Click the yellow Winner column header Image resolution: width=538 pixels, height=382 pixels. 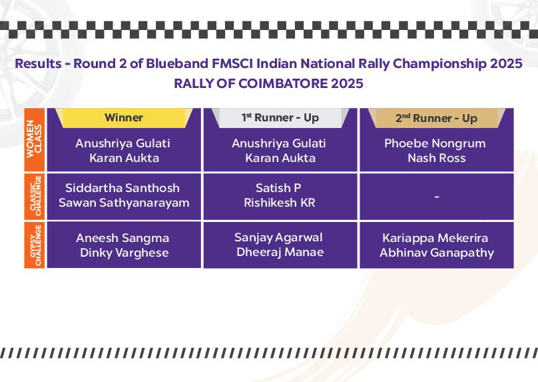(x=124, y=118)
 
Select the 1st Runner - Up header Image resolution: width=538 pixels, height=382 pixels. (x=280, y=118)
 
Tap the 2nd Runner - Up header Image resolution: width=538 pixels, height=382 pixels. (x=436, y=118)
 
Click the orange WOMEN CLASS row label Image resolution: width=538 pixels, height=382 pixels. (x=35, y=139)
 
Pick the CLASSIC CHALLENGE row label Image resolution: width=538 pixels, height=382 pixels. (x=35, y=197)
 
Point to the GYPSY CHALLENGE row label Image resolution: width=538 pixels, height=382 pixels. (x=35, y=245)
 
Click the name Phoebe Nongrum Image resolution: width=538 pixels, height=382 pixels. (x=435, y=143)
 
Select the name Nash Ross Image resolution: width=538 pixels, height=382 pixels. (x=436, y=158)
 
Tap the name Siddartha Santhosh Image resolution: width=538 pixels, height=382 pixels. (x=123, y=188)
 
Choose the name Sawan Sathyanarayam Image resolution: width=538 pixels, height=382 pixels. (x=124, y=203)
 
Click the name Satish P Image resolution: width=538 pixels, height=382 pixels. (x=278, y=188)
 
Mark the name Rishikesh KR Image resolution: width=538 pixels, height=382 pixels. (x=280, y=203)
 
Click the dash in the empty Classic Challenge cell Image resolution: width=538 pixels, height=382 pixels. (x=437, y=197)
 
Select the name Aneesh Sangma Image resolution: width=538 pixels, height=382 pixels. (x=123, y=238)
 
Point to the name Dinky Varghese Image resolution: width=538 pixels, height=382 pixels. (x=125, y=253)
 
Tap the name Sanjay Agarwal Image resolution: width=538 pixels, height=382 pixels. (x=278, y=238)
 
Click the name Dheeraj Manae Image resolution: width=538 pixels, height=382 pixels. (x=280, y=252)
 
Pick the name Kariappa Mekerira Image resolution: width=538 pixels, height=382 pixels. (x=435, y=238)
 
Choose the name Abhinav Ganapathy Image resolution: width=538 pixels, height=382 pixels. (x=437, y=253)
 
